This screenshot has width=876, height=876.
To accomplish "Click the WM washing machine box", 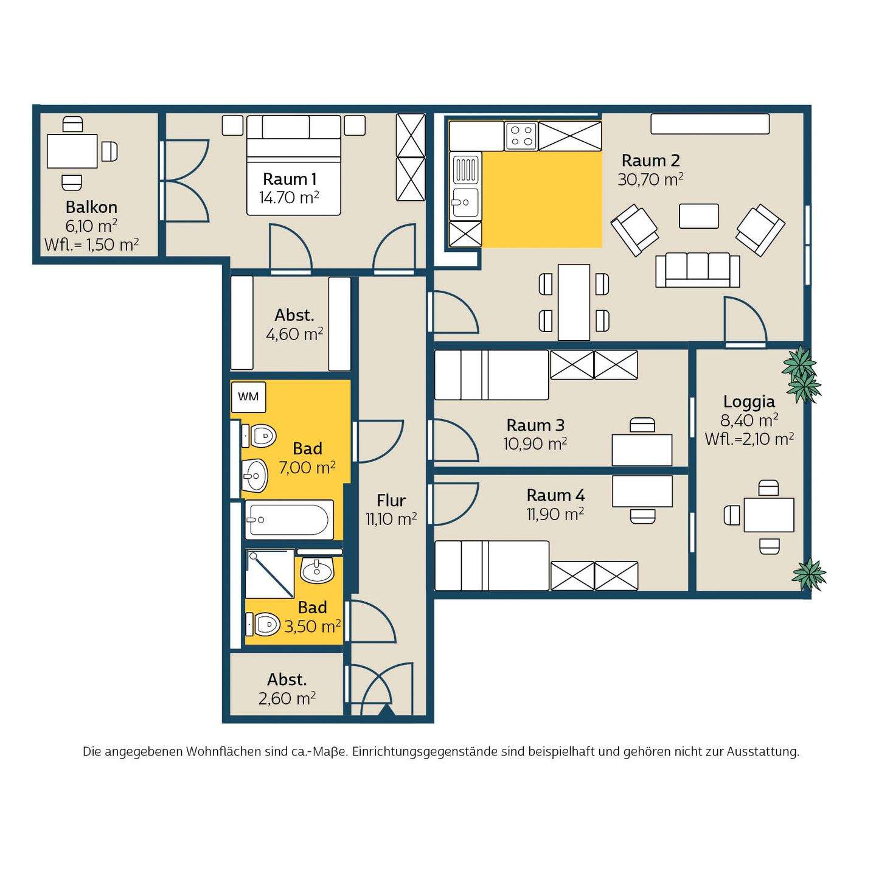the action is [248, 397].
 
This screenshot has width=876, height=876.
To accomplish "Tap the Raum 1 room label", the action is [289, 179].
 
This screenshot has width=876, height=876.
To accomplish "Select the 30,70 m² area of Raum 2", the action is [650, 179].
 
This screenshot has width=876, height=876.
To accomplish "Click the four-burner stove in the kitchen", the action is [521, 136].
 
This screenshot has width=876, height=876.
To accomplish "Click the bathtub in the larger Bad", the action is [289, 520].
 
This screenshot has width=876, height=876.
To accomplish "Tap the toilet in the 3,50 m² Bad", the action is [263, 624].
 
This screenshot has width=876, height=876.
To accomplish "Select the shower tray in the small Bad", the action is [269, 574].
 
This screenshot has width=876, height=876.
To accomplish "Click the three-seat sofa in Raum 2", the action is [697, 271].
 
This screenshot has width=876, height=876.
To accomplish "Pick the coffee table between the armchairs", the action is [699, 216].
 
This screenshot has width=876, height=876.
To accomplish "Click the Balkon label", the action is [91, 207].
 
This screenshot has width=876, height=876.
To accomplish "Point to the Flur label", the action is [391, 501].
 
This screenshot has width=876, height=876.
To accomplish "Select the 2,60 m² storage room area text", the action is [287, 698].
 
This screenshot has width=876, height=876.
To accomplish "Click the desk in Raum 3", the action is [642, 450].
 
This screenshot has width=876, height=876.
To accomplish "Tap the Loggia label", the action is [749, 401].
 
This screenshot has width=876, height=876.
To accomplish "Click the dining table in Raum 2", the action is [574, 302].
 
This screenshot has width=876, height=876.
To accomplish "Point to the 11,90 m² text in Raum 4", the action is [555, 514].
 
